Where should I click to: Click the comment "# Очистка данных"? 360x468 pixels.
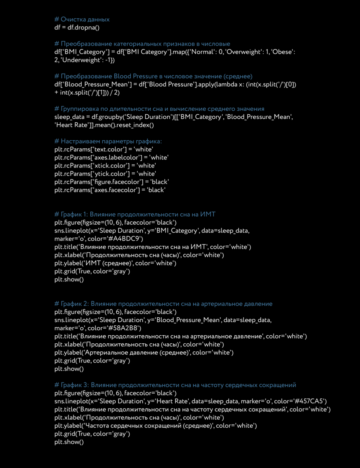[x=82, y=20]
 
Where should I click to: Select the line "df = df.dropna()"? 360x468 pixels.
[x=76, y=28]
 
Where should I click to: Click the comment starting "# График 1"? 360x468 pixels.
[x=135, y=214]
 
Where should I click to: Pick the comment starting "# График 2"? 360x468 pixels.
[x=163, y=304]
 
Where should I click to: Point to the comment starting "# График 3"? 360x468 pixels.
[x=175, y=385]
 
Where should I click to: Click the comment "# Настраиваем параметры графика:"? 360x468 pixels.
[x=108, y=141]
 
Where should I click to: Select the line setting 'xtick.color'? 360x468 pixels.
[x=105, y=165]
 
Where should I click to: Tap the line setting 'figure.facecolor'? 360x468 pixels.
[x=110, y=182]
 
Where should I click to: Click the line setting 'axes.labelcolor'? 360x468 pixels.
[x=111, y=157]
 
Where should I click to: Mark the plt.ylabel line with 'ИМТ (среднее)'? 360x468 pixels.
[x=115, y=263]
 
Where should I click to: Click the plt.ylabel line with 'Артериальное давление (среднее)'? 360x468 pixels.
[x=144, y=352]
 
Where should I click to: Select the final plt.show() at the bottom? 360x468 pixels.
[x=69, y=442]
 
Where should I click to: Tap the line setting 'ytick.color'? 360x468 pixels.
[x=105, y=174]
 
